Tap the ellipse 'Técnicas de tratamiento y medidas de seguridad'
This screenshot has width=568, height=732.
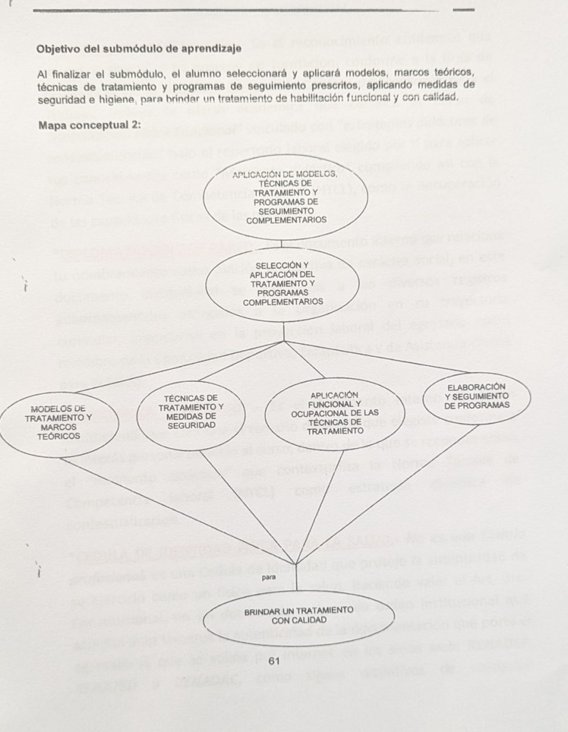pyautogui.click(x=191, y=412)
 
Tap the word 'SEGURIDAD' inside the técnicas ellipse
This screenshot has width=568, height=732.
pyautogui.click(x=191, y=425)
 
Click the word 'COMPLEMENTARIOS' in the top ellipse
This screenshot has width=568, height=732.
pyautogui.click(x=286, y=220)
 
